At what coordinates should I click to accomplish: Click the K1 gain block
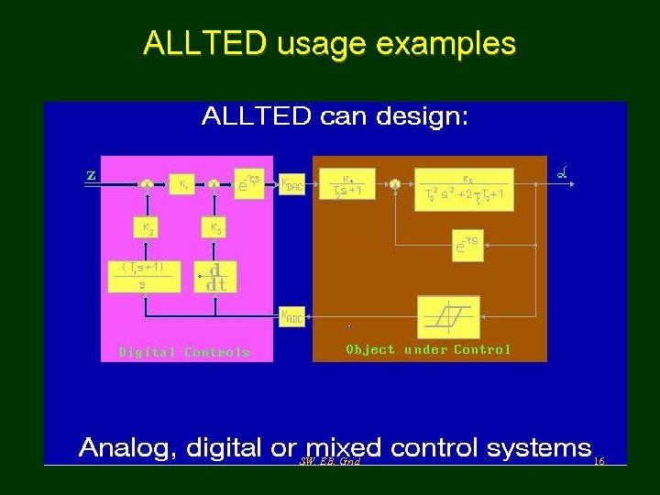click(x=184, y=184)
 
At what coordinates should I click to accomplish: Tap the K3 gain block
click(x=215, y=227)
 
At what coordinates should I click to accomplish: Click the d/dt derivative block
click(x=216, y=278)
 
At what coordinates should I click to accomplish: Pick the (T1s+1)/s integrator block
click(x=142, y=277)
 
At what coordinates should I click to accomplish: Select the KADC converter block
click(x=291, y=318)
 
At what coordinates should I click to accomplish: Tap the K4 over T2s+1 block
click(x=348, y=185)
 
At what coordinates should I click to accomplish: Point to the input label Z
click(x=91, y=175)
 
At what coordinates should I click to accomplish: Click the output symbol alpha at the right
click(x=562, y=172)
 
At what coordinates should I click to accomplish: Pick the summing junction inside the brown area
click(x=395, y=184)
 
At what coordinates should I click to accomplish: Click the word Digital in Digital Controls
click(x=148, y=352)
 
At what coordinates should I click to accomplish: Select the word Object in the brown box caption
click(x=370, y=349)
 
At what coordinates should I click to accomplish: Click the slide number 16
click(x=599, y=461)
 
